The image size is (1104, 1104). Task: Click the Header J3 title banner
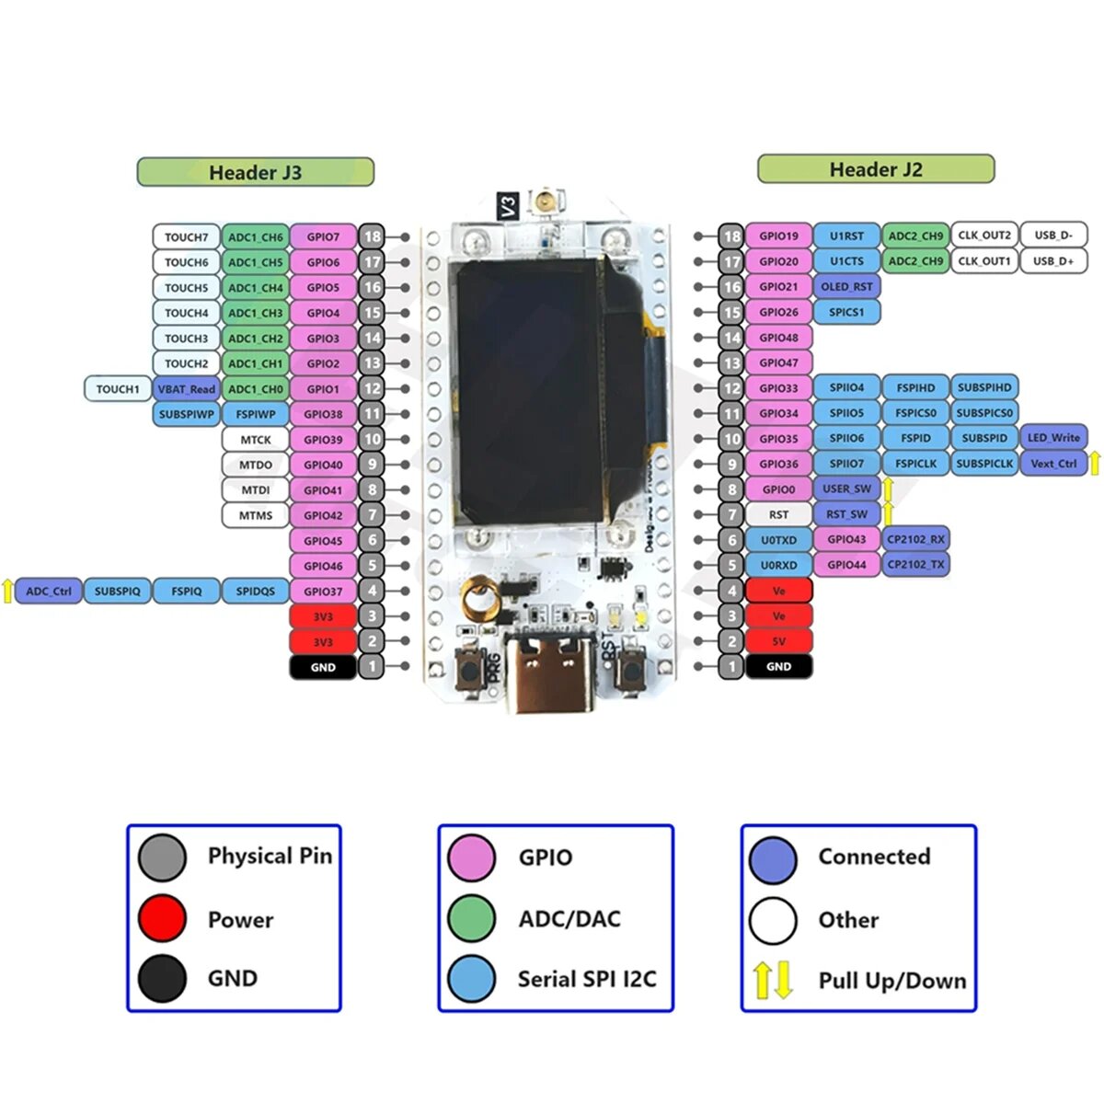point(255,172)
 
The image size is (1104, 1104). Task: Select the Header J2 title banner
point(875,169)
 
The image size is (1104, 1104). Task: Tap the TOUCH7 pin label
point(186,236)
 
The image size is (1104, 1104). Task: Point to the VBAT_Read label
point(186,389)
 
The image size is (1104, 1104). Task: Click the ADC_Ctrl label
point(49,591)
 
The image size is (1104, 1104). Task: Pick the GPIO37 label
point(323,591)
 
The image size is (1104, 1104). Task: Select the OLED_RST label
point(846,286)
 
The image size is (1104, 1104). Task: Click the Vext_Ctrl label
point(1052,464)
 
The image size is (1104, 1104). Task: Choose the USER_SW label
point(846,489)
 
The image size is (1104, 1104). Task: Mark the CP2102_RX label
point(914,539)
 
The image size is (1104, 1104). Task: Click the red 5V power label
point(778,641)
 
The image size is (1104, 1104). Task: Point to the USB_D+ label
point(1052,261)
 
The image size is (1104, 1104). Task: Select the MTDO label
point(256,465)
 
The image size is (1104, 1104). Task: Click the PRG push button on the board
point(470,668)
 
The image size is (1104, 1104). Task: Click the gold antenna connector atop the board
point(549,201)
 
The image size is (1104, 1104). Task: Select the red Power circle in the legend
point(163,918)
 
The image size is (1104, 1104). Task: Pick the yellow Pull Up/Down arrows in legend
point(773,981)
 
